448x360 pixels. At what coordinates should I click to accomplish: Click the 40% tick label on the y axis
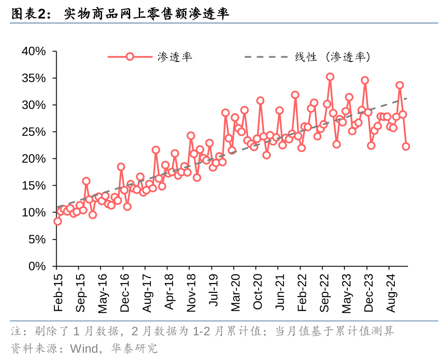(x=34, y=51)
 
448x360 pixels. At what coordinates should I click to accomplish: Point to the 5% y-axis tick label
(x=37, y=239)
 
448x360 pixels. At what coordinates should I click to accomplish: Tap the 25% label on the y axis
(x=34, y=132)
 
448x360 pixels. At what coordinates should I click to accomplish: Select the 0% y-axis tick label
(x=37, y=266)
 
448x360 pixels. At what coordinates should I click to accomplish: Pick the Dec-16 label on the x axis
(x=124, y=292)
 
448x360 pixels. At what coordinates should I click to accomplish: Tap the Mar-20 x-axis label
(x=235, y=292)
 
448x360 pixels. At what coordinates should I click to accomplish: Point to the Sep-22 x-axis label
(x=324, y=292)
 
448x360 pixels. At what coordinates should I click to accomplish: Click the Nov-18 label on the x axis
(x=191, y=292)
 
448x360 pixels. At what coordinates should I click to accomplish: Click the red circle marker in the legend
(x=130, y=57)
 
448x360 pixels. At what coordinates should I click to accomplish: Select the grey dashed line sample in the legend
(x=265, y=57)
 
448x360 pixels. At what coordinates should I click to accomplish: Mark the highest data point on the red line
(x=330, y=77)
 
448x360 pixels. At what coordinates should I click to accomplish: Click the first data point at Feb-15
(x=58, y=221)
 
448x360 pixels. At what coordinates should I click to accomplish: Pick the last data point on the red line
(x=406, y=146)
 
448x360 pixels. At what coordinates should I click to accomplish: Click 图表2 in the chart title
(x=29, y=14)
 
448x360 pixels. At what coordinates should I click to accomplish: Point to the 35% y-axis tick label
(x=34, y=78)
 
